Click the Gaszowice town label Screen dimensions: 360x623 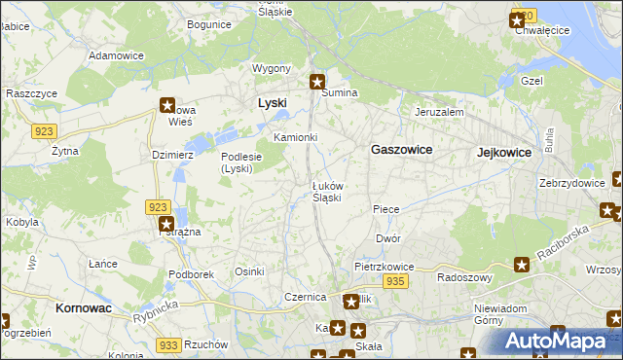(x=402, y=150)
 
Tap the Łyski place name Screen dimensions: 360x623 (x=273, y=102)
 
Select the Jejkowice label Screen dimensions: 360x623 (x=504, y=153)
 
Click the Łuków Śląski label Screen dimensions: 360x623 (x=326, y=191)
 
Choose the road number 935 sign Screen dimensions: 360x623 (x=394, y=280)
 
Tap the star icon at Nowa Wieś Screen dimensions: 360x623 (x=166, y=105)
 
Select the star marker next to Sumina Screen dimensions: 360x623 (x=317, y=83)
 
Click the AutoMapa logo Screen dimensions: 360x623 (x=560, y=341)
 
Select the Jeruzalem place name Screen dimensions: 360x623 (x=439, y=112)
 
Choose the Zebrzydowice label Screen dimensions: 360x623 (x=570, y=183)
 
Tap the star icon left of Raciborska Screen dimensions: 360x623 (x=522, y=264)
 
